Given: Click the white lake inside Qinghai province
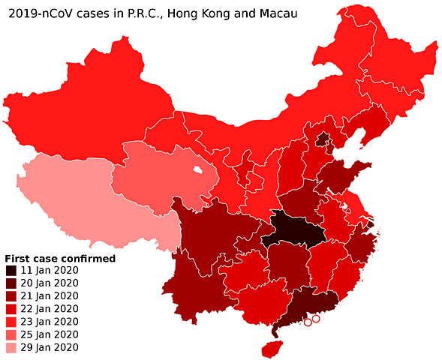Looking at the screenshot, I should (x=197, y=170).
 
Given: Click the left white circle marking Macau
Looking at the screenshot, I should (x=308, y=323).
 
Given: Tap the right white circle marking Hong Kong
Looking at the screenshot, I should (x=317, y=319).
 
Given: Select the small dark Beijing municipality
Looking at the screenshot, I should (x=323, y=139).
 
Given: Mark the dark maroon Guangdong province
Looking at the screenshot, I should (x=300, y=304).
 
